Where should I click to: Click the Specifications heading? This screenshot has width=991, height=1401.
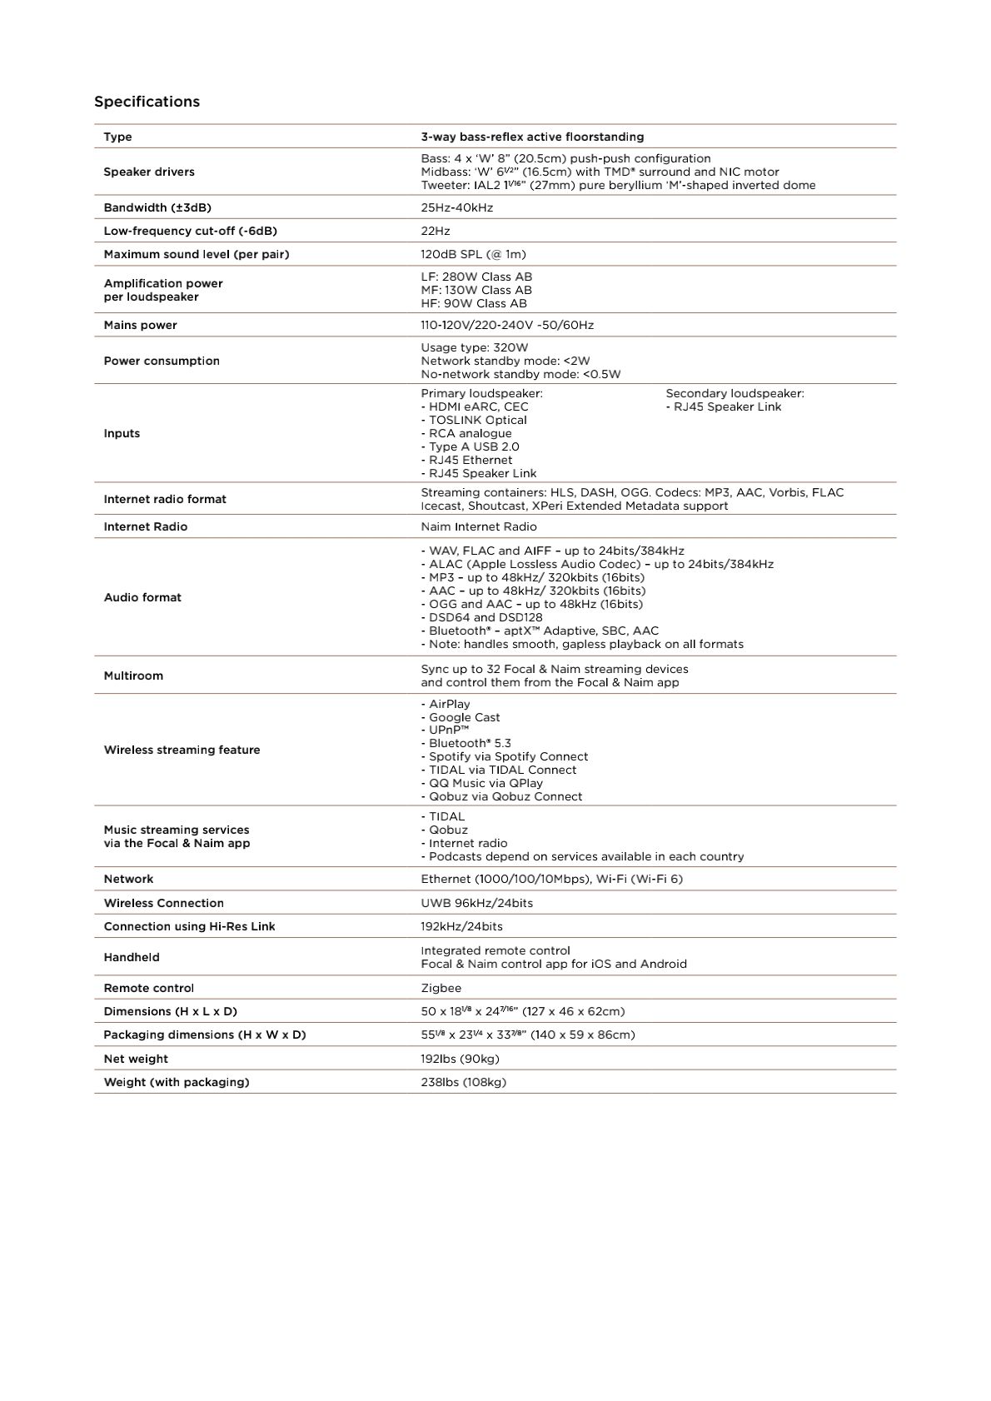point(147,102)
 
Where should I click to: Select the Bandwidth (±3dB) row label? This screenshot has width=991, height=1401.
point(157,207)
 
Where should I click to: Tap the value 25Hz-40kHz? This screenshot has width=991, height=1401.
point(456,207)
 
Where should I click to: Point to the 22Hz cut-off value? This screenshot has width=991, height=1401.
point(435,231)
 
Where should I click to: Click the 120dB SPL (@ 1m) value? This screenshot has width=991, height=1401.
point(473,254)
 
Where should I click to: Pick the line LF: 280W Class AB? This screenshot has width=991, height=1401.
point(476,277)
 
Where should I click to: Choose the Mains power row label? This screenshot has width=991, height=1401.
point(140,325)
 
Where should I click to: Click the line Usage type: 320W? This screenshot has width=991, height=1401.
point(474,347)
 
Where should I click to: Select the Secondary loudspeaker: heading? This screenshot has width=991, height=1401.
point(735,393)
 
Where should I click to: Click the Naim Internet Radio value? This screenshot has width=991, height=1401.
point(479,526)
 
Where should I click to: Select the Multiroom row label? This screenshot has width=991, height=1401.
point(133,676)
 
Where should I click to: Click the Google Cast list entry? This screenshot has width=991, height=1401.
point(464,717)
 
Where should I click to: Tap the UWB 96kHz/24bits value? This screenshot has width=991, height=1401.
point(476,903)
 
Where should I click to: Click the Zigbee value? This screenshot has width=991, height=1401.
point(441,988)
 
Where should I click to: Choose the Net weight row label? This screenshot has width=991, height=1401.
point(136,1059)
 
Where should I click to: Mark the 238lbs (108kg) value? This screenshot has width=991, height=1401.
point(463,1082)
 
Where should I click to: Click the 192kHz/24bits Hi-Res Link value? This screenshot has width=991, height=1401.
point(461,926)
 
